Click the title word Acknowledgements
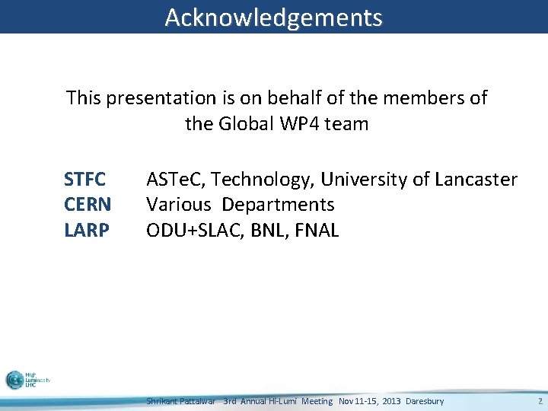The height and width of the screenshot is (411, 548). (273, 17)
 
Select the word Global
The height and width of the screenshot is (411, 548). (246, 123)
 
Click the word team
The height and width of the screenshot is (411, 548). (346, 123)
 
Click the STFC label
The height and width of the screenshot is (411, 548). (85, 180)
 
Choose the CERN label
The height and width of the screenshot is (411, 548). (88, 205)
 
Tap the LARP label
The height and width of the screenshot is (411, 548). (87, 230)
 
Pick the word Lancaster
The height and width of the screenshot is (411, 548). (476, 180)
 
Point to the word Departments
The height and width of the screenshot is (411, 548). (279, 205)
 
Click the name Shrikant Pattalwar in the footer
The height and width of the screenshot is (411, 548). (181, 401)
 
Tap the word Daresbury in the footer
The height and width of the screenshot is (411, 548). (425, 401)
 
